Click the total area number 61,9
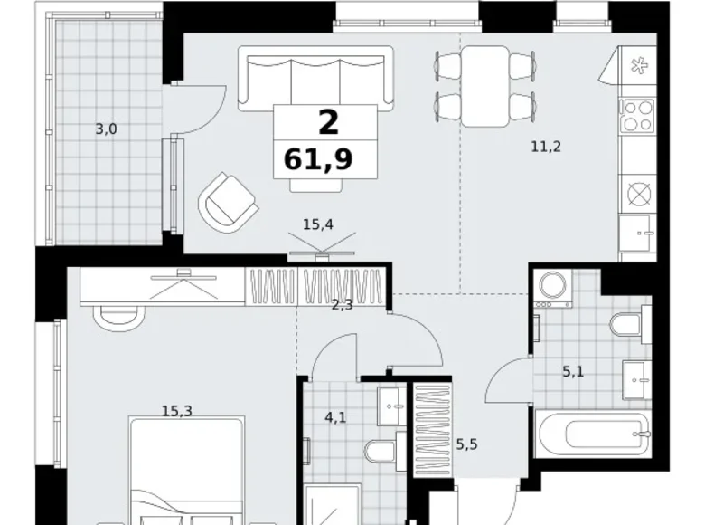(x=318, y=159)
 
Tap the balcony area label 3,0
(x=106, y=129)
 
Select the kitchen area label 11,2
(x=546, y=147)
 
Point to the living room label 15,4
(x=318, y=224)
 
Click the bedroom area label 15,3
(x=176, y=411)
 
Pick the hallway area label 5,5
(x=466, y=444)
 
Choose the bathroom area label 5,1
(x=573, y=371)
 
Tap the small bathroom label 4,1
(x=335, y=417)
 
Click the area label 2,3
(x=343, y=305)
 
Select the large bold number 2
(x=328, y=122)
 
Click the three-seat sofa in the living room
(x=315, y=79)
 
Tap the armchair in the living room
(x=229, y=202)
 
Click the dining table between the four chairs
(x=485, y=86)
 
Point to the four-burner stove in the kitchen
(x=636, y=115)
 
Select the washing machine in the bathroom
(x=552, y=289)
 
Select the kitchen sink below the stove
(x=635, y=233)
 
